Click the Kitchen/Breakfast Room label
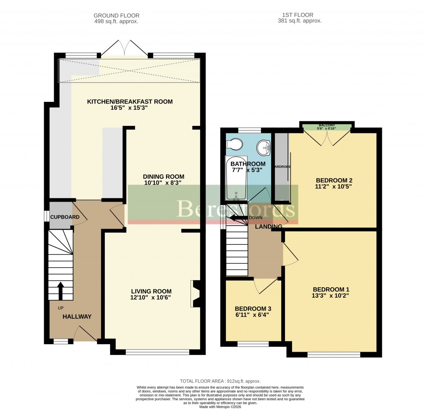(x=129, y=101)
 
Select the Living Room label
(x=151, y=291)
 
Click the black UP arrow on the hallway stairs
(x=60, y=291)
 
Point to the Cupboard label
(x=62, y=217)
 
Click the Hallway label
(x=77, y=317)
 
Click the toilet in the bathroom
(x=234, y=144)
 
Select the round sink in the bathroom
(x=264, y=146)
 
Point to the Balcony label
(x=327, y=126)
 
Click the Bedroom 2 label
(x=334, y=180)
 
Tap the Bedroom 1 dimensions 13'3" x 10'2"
(x=331, y=296)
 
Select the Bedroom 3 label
(x=253, y=309)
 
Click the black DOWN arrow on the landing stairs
(x=238, y=218)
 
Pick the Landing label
(x=268, y=226)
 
